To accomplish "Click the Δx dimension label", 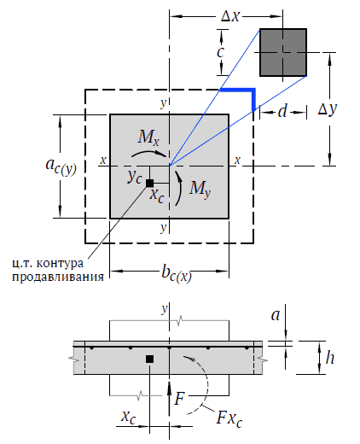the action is pos(230,16).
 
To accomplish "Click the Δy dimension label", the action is pos(328,109).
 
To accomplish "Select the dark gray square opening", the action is pos(283,52).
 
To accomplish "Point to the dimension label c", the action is pos(220,52).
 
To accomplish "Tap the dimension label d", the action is pos(282,111).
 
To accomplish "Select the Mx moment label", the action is pos(148,137).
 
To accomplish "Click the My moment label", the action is pos(200,188).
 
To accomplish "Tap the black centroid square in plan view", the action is pos(149,184).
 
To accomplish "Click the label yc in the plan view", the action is pos(135,177).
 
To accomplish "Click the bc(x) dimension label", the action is pos(177,273).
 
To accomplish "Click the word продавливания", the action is pos(58,277).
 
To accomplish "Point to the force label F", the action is pos(179,398).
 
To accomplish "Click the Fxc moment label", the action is pos(229,419).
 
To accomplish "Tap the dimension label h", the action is pos(330,358).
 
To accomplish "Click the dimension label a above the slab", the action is pos(276,315).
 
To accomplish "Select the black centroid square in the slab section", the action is pos(149,359).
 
